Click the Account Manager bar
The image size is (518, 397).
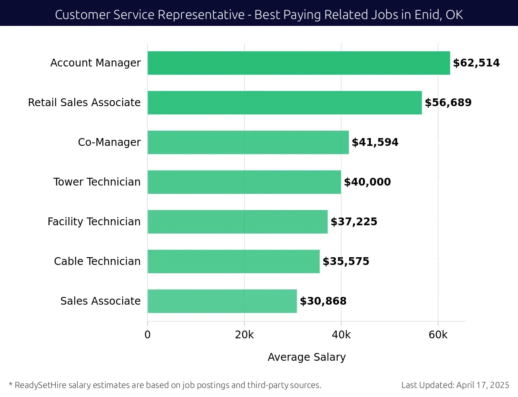click(299, 63)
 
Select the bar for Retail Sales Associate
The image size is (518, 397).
click(284, 103)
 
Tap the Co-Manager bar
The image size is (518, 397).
click(248, 142)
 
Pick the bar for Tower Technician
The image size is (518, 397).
click(244, 182)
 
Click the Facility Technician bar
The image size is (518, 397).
click(237, 222)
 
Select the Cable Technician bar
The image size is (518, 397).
click(234, 262)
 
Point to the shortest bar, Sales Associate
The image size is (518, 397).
click(222, 301)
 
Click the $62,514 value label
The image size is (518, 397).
click(476, 63)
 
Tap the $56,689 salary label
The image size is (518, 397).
click(448, 103)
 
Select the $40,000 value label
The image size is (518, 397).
click(367, 182)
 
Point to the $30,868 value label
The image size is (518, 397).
click(323, 301)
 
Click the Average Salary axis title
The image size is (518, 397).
click(306, 357)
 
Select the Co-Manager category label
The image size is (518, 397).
click(109, 142)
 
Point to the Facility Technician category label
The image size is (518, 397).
click(94, 222)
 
